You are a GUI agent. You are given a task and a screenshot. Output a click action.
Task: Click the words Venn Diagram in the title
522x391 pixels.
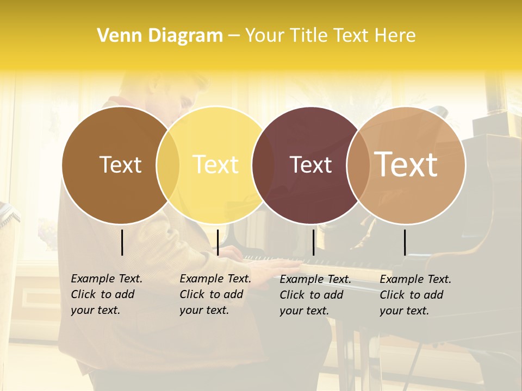click(x=160, y=36)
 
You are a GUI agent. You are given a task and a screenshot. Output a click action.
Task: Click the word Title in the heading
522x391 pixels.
click(x=308, y=36)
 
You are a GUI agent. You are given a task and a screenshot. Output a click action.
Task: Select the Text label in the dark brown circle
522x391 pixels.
click(x=120, y=165)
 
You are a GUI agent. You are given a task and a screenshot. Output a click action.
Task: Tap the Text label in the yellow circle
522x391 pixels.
click(x=216, y=165)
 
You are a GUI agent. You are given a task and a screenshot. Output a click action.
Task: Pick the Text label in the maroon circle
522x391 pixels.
click(x=310, y=165)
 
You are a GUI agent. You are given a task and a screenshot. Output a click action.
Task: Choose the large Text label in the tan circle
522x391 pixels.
click(x=406, y=164)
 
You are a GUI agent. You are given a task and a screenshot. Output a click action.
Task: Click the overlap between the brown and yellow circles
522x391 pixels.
click(x=168, y=165)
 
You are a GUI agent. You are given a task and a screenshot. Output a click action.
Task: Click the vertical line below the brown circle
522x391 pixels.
click(x=122, y=242)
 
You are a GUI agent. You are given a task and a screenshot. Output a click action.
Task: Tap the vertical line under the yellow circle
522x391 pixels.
click(x=217, y=242)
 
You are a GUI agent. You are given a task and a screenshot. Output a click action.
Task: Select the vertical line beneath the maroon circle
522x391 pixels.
click(x=314, y=242)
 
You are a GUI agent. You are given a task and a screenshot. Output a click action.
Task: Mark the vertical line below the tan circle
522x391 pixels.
click(x=405, y=242)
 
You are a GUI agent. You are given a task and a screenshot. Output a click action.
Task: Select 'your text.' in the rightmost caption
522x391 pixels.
click(x=404, y=311)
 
